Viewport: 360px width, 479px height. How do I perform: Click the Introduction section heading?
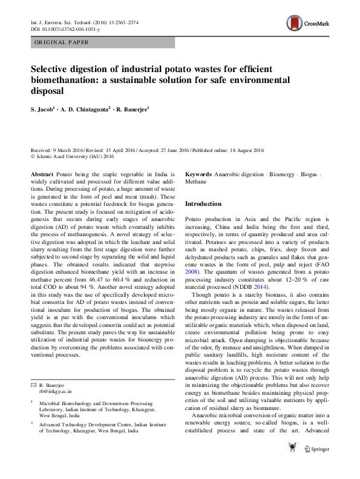point(205,203)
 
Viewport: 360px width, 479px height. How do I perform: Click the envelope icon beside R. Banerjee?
point(33,385)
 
